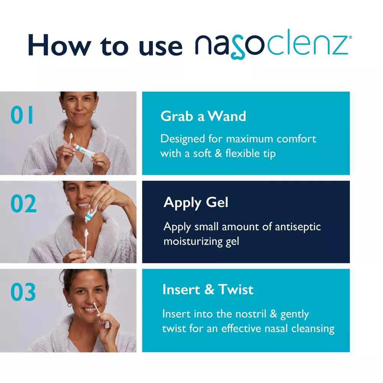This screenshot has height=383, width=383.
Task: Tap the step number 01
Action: pyautogui.click(x=22, y=115)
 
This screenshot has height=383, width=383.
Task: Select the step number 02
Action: pyautogui.click(x=23, y=203)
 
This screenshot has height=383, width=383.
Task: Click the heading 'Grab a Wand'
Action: pyautogui.click(x=203, y=116)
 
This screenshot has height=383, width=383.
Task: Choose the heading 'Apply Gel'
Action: pyautogui.click(x=196, y=203)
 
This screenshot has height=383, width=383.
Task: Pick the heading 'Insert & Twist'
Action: pyautogui.click(x=208, y=290)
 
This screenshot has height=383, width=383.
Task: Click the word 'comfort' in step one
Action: pyautogui.click(x=296, y=139)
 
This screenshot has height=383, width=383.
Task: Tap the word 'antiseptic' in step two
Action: pyautogui.click(x=298, y=227)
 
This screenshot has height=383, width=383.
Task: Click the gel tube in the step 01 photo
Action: pyautogui.click(x=84, y=151)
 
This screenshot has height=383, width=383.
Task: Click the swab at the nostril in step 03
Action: pyautogui.click(x=94, y=304)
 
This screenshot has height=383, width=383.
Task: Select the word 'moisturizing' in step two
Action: pyautogui.click(x=193, y=242)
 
